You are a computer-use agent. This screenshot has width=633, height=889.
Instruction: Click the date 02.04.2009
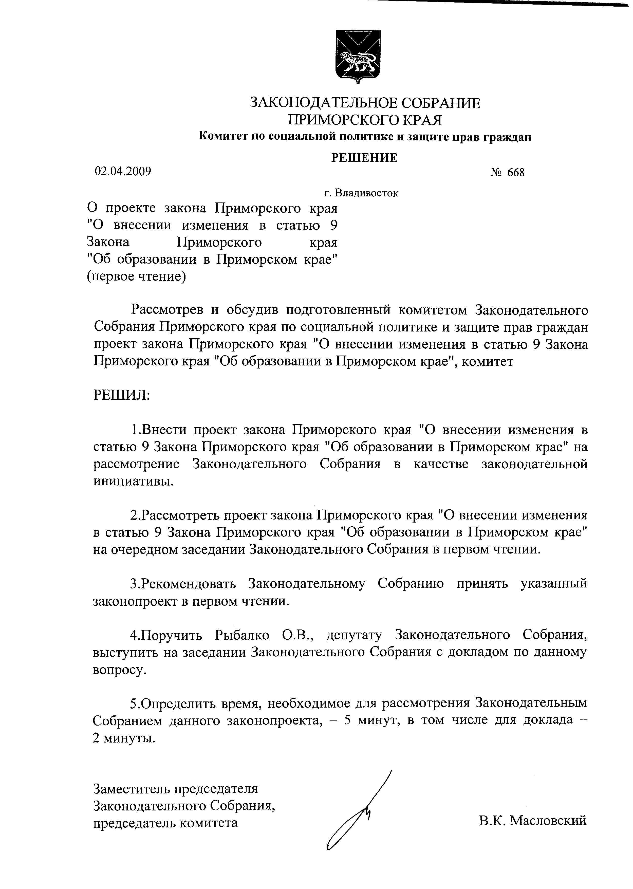pos(123,171)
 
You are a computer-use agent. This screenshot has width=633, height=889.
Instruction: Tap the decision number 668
pos(516,173)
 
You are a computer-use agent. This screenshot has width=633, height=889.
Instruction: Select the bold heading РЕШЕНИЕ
pos(364,157)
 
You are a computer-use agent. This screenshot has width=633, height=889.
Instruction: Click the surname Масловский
pos(548,820)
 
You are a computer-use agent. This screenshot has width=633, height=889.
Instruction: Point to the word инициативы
pos(133,481)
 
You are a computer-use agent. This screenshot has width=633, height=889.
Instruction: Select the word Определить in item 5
pos(177,703)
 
